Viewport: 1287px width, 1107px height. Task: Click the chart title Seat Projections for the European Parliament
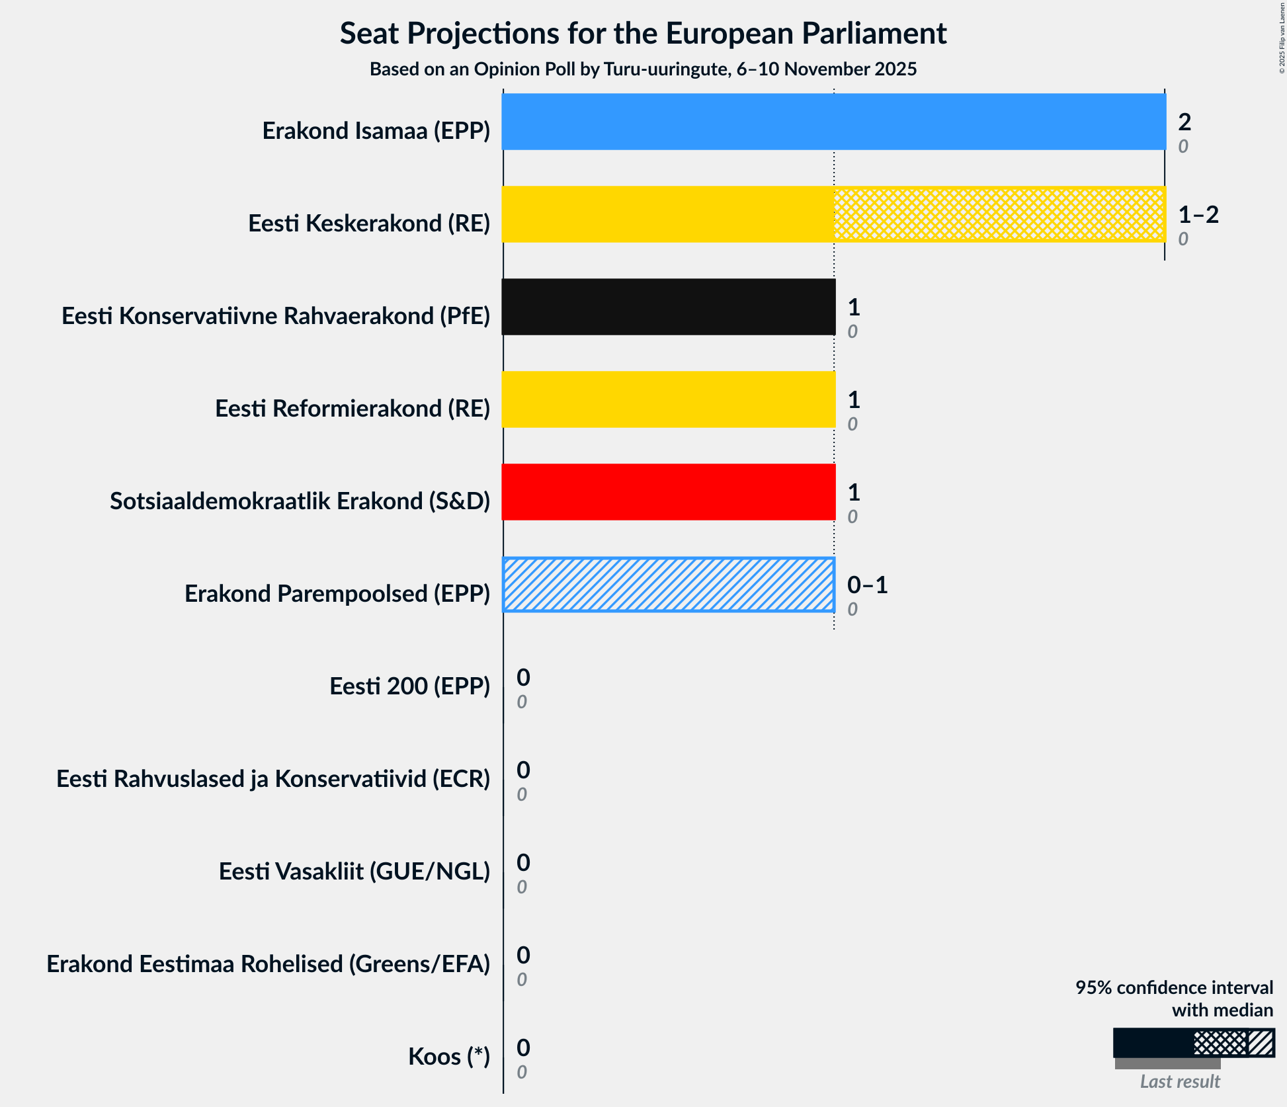tap(643, 33)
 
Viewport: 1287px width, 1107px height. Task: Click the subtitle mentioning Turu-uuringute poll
tap(643, 69)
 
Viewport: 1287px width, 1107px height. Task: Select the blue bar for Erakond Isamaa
tap(833, 122)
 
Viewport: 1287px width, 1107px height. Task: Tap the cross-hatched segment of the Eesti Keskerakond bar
tap(999, 214)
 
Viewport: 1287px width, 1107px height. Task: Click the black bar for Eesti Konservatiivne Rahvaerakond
tap(668, 307)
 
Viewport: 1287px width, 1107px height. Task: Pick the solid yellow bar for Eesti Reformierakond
tap(668, 399)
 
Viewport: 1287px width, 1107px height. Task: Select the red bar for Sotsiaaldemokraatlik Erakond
tap(668, 492)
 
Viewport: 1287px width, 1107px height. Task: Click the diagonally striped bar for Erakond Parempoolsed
tap(668, 585)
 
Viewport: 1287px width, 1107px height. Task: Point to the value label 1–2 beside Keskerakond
tap(1198, 214)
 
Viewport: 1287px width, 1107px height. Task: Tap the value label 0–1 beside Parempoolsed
tap(867, 585)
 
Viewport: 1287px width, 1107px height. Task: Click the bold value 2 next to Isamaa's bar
tap(1184, 122)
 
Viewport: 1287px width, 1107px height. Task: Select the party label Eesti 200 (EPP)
tap(409, 686)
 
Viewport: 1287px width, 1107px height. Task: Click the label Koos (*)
tap(448, 1057)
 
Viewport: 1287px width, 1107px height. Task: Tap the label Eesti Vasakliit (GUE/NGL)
tap(354, 872)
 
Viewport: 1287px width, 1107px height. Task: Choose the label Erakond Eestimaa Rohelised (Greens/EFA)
tap(268, 964)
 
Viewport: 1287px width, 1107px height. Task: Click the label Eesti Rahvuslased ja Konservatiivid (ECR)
tap(272, 779)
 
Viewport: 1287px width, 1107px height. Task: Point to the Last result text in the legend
tap(1179, 1081)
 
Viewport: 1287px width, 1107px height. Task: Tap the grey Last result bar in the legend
tap(1167, 1063)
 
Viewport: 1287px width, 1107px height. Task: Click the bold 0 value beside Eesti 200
tap(522, 677)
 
